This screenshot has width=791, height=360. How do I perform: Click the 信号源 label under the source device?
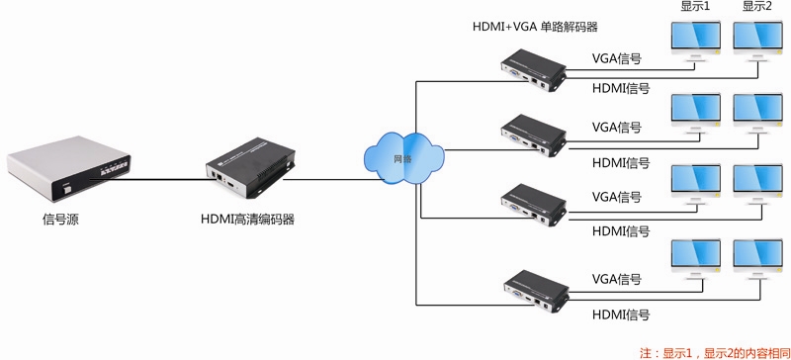53,220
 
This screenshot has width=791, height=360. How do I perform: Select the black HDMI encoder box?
246,170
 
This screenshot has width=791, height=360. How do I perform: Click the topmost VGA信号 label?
617,58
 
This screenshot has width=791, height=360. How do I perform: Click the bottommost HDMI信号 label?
620,315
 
